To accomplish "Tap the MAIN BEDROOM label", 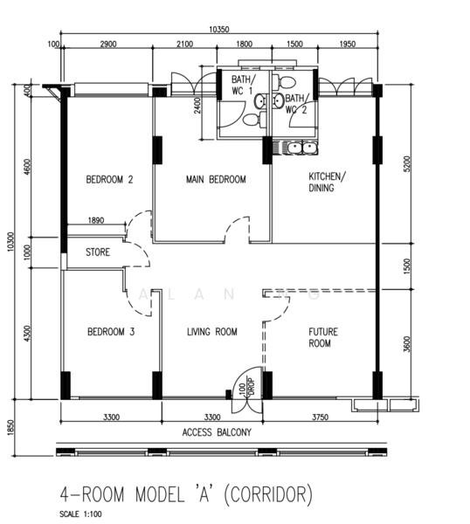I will (216, 180).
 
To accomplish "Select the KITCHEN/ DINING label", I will (327, 182).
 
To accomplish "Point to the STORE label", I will (97, 253).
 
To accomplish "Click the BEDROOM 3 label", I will (109, 332).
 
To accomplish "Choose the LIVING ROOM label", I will (213, 332).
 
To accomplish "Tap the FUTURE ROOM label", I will (323, 337).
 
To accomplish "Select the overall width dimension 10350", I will (220, 30).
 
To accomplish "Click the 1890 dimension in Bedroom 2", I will (95, 221).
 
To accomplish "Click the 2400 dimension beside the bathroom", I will (198, 106).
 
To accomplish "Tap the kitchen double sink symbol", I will (295, 147).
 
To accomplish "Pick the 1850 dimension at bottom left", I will (10, 434).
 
